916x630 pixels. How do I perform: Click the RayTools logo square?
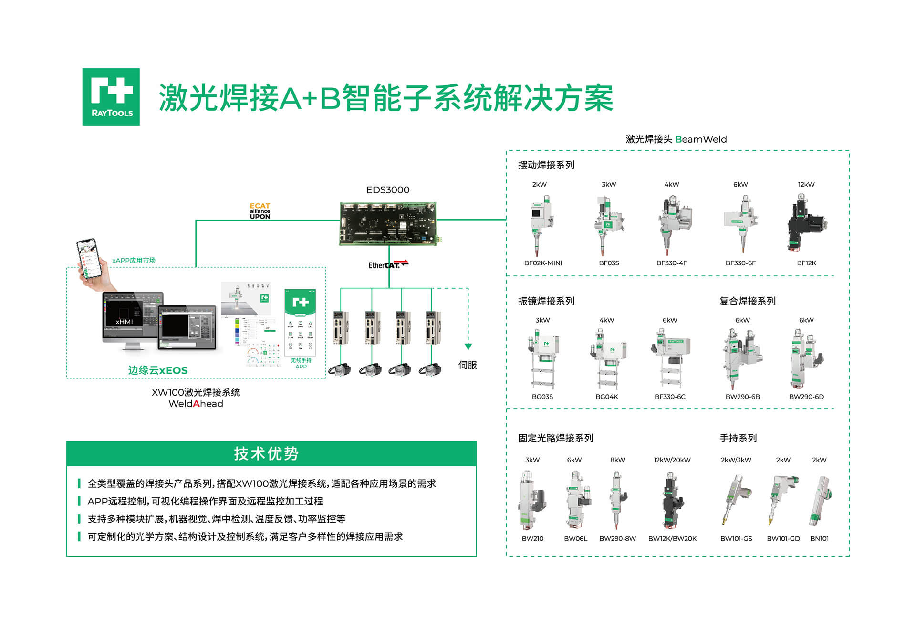coord(111,97)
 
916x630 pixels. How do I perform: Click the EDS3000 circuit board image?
coord(388,223)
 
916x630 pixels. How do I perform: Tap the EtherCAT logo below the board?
coord(388,264)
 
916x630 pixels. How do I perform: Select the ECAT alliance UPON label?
coord(260,211)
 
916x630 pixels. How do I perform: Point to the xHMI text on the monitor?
coord(124,322)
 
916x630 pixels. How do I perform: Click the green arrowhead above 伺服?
coord(468,346)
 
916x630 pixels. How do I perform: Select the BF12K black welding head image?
coord(806,223)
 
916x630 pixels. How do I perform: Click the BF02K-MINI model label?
coord(543,263)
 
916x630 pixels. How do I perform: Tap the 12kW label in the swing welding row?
coord(806,184)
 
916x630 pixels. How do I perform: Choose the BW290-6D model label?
coord(806,397)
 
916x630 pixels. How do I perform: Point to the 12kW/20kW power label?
coord(672,460)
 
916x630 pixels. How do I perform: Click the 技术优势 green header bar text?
coord(266,453)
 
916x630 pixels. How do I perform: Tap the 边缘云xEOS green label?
coord(157,370)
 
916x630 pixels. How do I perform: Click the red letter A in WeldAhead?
coord(196,404)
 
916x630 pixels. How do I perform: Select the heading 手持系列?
coord(738,438)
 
